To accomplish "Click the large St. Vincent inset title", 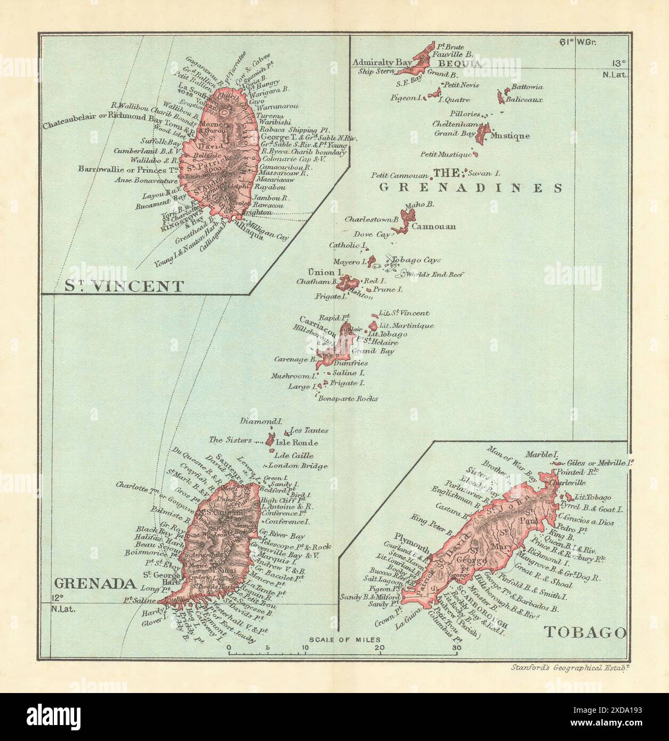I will point(124,286).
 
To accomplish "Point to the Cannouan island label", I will point(437,227).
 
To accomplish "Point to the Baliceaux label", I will point(524,99).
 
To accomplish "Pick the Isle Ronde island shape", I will point(270,440).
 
